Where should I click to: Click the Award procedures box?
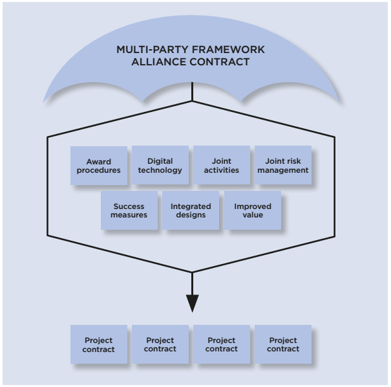(x=98, y=166)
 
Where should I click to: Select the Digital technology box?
(x=160, y=166)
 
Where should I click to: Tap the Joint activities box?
(x=221, y=166)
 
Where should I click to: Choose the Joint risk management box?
(x=282, y=166)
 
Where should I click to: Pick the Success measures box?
(x=129, y=210)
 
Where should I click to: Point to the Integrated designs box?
(x=191, y=210)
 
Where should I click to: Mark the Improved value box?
(x=253, y=210)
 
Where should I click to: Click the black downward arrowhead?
(x=193, y=303)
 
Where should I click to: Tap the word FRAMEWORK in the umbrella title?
(x=233, y=50)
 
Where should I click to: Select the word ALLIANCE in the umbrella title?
(x=164, y=62)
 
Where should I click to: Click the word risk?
(x=296, y=161)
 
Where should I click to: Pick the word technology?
(x=160, y=170)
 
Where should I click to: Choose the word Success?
(x=129, y=206)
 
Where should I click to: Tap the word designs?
(x=191, y=215)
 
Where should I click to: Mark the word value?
(x=253, y=215)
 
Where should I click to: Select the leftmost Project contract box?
(x=98, y=344)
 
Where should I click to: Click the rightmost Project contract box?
(x=283, y=344)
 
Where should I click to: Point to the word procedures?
(x=98, y=170)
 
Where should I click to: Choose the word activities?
(x=221, y=170)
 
